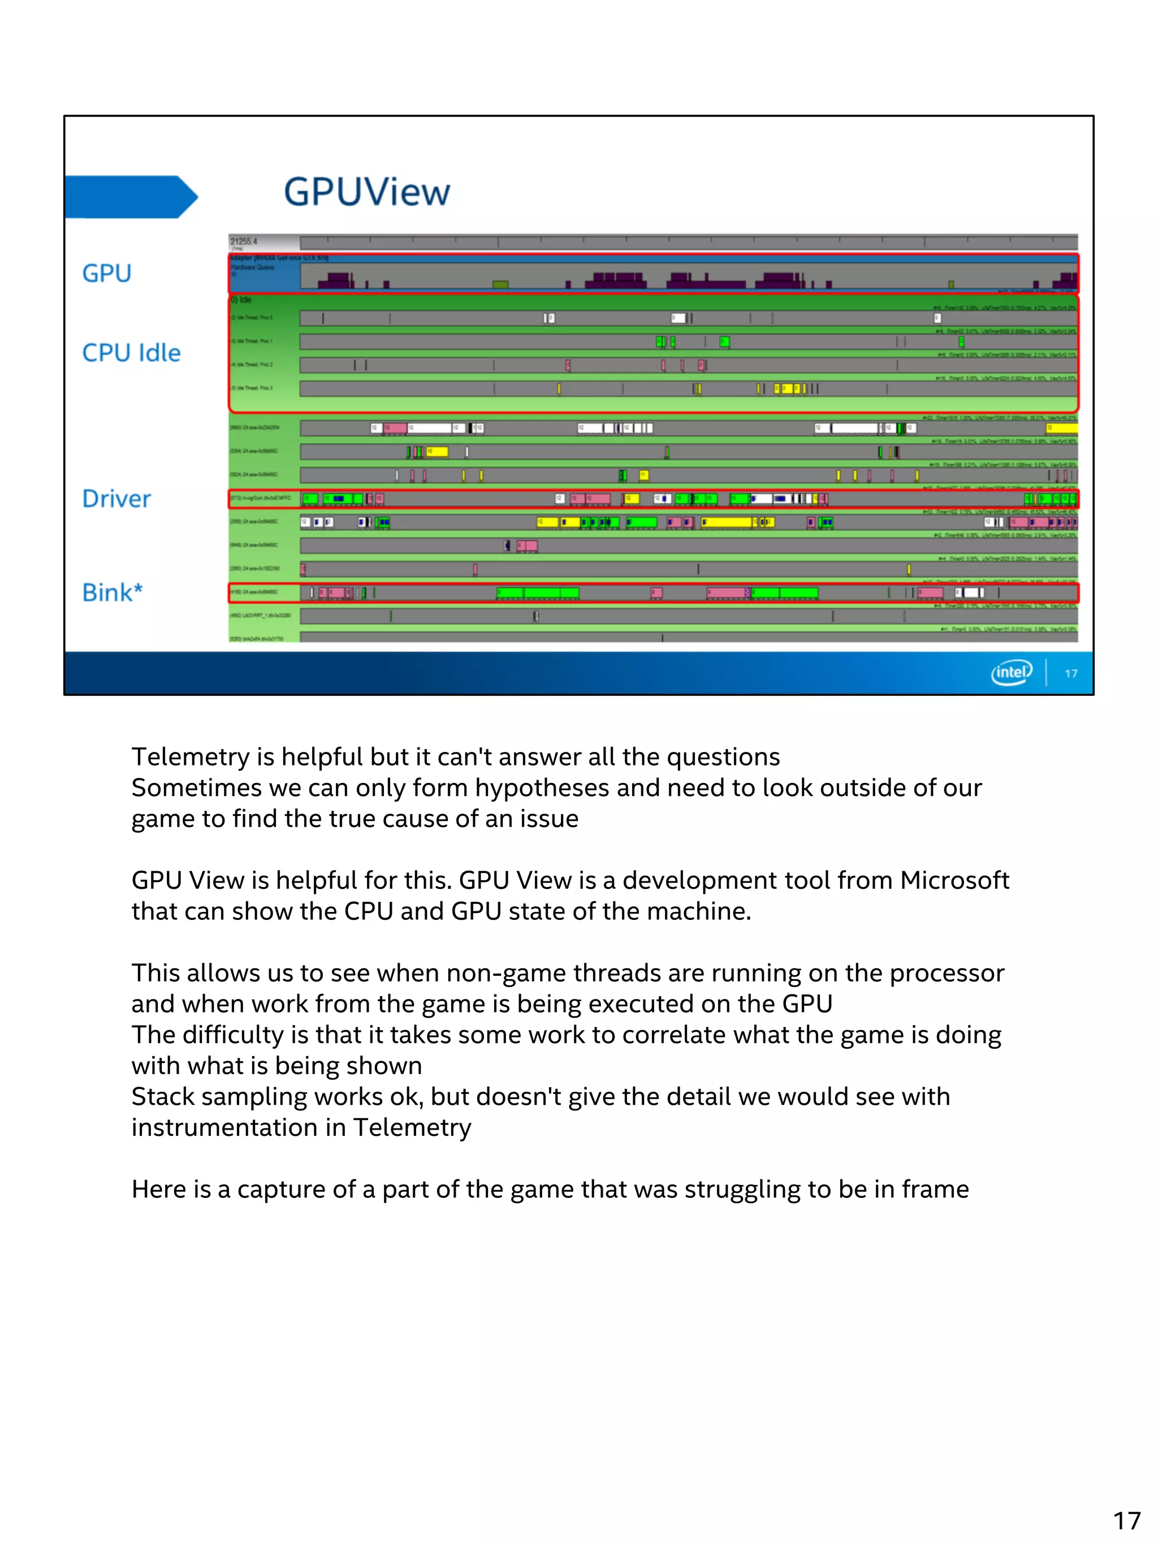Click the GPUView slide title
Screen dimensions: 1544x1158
(x=366, y=192)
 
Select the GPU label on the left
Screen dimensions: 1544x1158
(x=107, y=273)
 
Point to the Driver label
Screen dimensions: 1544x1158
(x=116, y=499)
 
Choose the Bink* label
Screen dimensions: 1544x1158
(x=113, y=592)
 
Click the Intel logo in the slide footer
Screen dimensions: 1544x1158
(x=1011, y=672)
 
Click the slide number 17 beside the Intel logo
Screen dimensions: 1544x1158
(x=1071, y=673)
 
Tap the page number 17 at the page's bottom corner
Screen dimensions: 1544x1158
(x=1126, y=1520)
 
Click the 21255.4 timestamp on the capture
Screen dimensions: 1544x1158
(x=244, y=241)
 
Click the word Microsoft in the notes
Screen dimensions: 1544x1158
(x=954, y=880)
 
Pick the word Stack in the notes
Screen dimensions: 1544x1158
(x=160, y=1097)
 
